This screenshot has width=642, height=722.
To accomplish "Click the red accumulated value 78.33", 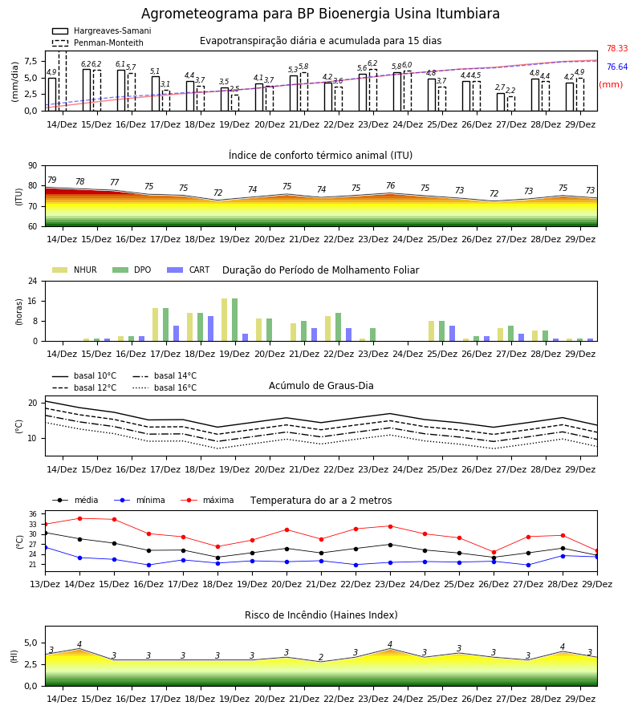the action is (617, 48).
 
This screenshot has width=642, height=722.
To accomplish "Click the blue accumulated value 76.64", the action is (617, 67).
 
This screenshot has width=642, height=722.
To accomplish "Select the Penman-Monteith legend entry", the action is (98, 43).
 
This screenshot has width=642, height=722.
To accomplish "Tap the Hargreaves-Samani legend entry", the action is (101, 30).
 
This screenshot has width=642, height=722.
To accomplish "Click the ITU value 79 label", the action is (51, 180).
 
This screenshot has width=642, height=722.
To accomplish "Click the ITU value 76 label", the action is (391, 185).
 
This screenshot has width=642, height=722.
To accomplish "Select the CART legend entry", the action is (189, 270).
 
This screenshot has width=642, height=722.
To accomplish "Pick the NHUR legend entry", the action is (75, 270).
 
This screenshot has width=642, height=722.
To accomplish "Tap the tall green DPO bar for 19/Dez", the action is (235, 320).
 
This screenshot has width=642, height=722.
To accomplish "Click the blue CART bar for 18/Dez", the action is (210, 329).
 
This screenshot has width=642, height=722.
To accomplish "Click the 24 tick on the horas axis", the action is (33, 281).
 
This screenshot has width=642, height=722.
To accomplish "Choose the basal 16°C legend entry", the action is (165, 387).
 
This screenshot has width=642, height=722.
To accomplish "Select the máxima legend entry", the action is (207, 500).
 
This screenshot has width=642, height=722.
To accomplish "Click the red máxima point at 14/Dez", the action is (79, 518).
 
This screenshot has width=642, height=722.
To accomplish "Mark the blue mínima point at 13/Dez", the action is (45, 547).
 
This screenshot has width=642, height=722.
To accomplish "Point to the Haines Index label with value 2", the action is (321, 657).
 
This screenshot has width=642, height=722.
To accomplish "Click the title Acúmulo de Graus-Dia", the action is (321, 385).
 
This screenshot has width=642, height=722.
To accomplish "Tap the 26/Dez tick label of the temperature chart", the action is (494, 584).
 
